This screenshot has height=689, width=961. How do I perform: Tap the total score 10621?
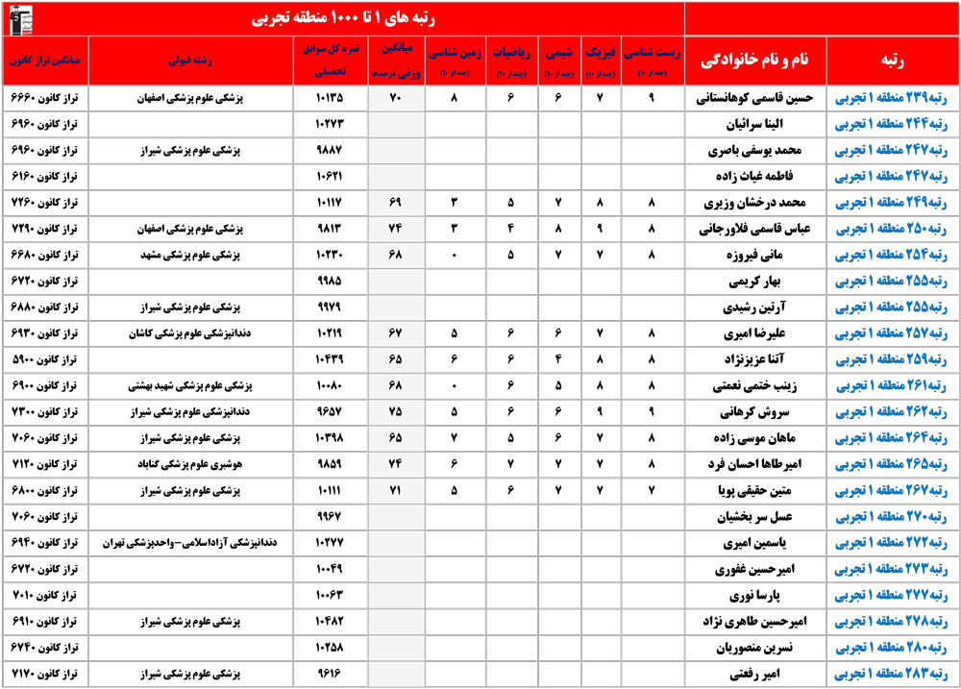[329, 177]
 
